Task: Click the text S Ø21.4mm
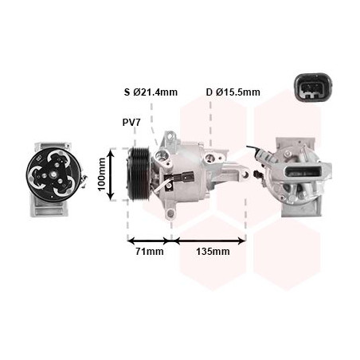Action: [151, 92]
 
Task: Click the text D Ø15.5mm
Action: [233, 92]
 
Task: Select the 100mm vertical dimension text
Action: [101, 171]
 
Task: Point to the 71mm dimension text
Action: [150, 252]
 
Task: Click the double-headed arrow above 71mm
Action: [151, 239]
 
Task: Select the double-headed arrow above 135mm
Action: [210, 239]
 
